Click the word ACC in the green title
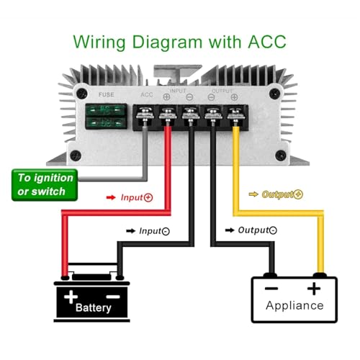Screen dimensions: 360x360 coord(267,42)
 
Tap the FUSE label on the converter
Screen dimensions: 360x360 coord(107,94)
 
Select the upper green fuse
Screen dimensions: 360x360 coord(107,110)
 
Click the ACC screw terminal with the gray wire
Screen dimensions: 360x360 coord(145,116)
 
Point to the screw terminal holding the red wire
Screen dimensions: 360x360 coord(168,116)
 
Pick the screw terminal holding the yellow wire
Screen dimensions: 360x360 coord(236,116)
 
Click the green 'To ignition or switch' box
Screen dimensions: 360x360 coord(45,185)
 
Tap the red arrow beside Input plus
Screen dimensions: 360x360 coord(111,197)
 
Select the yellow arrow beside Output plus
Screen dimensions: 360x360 coord(253,194)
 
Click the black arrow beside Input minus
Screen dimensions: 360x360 coord(131,231)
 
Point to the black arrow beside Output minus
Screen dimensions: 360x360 coord(230,230)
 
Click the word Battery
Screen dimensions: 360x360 coord(94,308)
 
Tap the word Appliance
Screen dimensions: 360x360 coord(294,306)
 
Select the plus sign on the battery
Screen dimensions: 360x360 coord(71,297)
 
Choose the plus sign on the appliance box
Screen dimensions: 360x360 coord(314,289)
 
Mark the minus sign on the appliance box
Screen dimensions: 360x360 coord(271,288)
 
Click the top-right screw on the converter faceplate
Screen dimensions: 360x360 coord(274,94)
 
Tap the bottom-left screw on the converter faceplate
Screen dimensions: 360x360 coord(76,156)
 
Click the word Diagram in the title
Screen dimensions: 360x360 coord(167,42)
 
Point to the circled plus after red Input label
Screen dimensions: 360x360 coord(148,198)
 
